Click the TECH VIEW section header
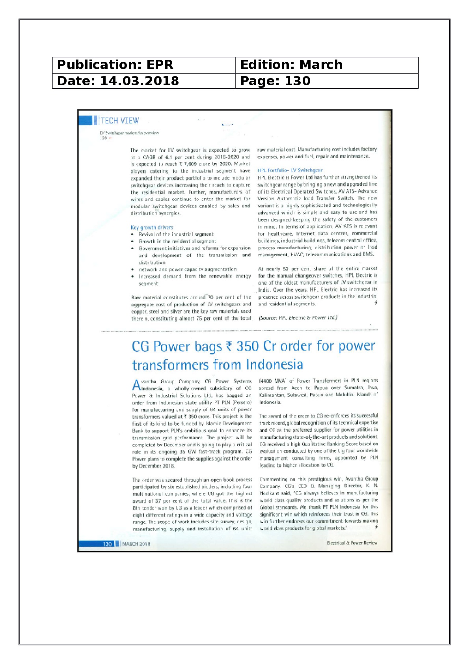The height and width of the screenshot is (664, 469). click(120, 121)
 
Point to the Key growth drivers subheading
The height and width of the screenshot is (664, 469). click(152, 228)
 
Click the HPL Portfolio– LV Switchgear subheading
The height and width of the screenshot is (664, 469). click(290, 170)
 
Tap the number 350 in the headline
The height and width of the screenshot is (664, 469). click(247, 346)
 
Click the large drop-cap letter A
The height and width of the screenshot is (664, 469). click(136, 384)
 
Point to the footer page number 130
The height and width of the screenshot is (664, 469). click(107, 544)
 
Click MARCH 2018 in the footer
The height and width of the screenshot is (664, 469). click(136, 544)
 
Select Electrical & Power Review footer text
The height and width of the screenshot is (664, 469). click(352, 543)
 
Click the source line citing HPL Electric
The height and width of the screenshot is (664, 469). click(298, 318)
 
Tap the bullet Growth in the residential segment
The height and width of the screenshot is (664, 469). click(177, 241)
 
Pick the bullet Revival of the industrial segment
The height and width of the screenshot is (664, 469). click(176, 234)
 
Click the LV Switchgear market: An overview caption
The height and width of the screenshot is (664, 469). click(129, 133)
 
